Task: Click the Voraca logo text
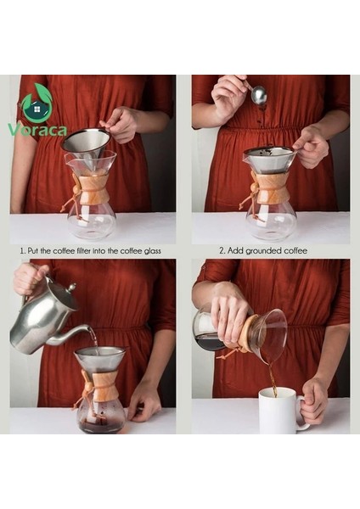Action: (38, 130)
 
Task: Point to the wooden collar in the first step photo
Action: (93, 191)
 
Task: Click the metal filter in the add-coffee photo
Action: (268, 159)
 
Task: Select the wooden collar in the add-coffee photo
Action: (271, 190)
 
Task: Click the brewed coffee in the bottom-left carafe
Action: (102, 425)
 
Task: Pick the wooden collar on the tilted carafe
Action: (245, 333)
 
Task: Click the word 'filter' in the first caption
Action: (81, 251)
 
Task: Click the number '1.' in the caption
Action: (22, 251)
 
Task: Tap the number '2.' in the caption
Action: (222, 251)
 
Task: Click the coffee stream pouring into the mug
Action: (273, 378)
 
